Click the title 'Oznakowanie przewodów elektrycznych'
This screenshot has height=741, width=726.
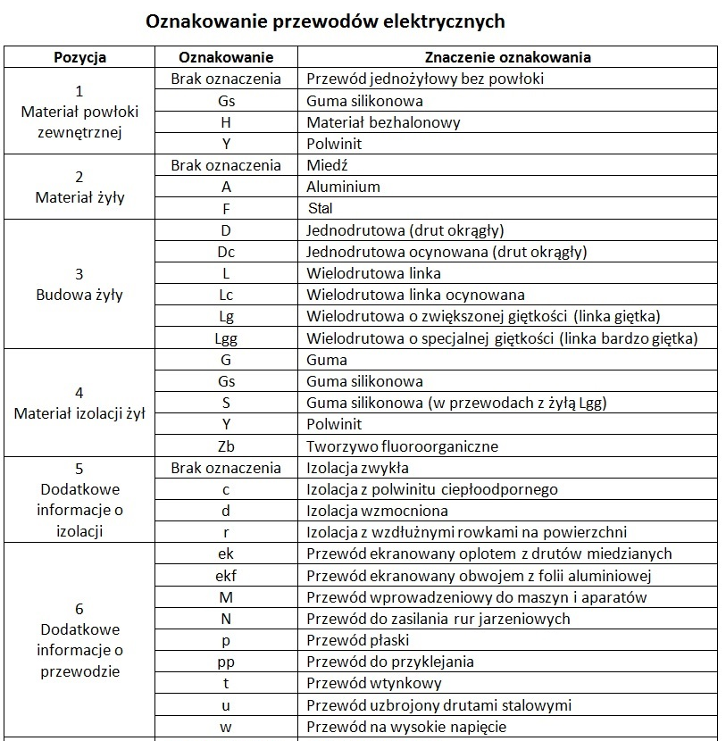326,21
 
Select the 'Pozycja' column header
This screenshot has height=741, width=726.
79,57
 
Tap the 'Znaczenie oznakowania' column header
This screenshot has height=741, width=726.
507,57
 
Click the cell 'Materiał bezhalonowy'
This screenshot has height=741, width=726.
371,122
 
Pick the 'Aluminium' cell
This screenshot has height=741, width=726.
343,187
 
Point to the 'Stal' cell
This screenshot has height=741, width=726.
320,208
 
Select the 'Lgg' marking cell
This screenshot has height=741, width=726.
226,338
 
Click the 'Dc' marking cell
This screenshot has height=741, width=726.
226,252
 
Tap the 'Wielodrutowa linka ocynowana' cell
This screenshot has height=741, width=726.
415,295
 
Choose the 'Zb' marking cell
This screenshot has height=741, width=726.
226,446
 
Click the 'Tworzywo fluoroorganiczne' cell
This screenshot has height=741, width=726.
402,446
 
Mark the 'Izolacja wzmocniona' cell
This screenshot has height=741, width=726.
377,511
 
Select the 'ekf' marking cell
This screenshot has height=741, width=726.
226,576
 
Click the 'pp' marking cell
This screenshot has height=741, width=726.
226,662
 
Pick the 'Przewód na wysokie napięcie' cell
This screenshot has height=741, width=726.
406,727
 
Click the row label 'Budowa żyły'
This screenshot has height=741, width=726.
79,295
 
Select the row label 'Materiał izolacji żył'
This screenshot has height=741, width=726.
79,414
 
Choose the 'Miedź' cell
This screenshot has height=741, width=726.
327,165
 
